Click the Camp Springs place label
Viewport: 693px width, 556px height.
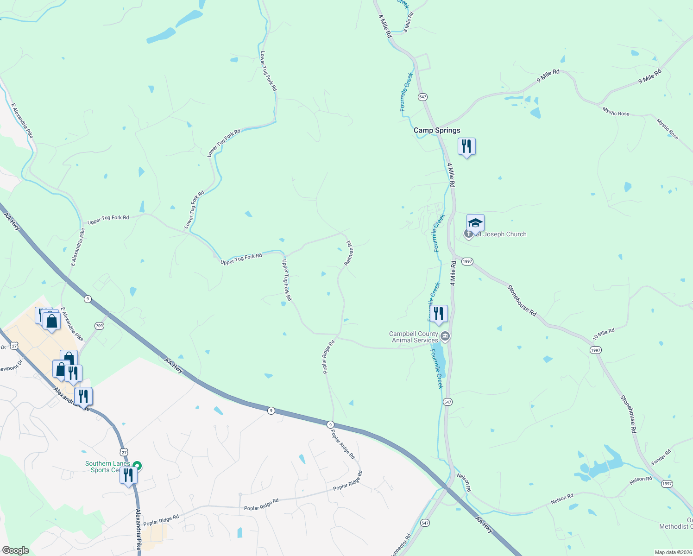click(x=437, y=130)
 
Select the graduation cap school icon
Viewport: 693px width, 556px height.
click(x=475, y=223)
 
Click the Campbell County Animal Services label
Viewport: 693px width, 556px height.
click(x=414, y=337)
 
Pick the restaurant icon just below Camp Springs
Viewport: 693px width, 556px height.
click(x=466, y=146)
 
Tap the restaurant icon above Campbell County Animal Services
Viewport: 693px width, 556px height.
click(x=438, y=314)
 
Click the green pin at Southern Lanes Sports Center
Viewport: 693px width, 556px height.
click(x=137, y=465)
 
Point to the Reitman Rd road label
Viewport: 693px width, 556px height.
click(x=349, y=253)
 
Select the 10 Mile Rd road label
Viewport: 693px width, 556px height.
click(x=604, y=334)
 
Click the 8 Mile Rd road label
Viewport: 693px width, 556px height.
click(x=408, y=22)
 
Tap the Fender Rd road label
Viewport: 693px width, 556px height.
click(x=661, y=457)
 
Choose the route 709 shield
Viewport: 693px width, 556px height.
click(x=99, y=326)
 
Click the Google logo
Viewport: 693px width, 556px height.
click(x=15, y=550)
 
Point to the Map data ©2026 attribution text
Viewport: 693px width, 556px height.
click(x=672, y=552)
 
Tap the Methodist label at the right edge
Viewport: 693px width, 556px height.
click(x=676, y=526)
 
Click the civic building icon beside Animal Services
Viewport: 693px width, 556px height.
click(x=445, y=336)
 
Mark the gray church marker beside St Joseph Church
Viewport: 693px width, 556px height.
click(x=469, y=234)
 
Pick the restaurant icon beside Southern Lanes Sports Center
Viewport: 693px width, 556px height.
click(x=128, y=475)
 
